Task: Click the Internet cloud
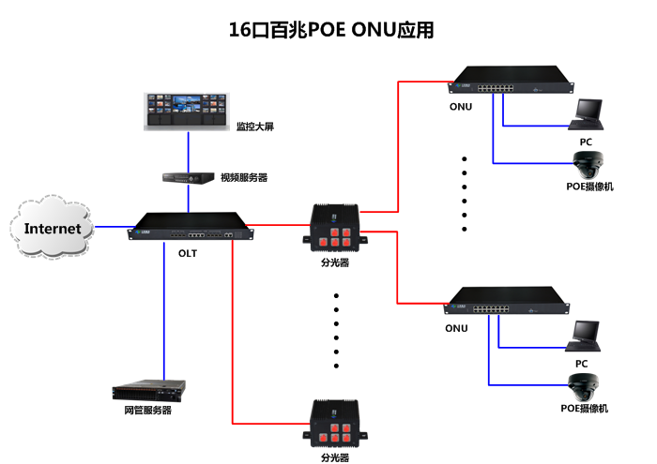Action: click(52, 228)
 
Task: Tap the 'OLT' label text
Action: click(189, 252)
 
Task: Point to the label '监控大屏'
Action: click(254, 127)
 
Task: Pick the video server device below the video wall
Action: click(187, 176)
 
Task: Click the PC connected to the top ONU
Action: click(588, 115)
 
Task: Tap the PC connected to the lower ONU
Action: click(587, 336)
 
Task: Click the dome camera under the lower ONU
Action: click(585, 385)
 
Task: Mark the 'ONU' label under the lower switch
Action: click(456, 328)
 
